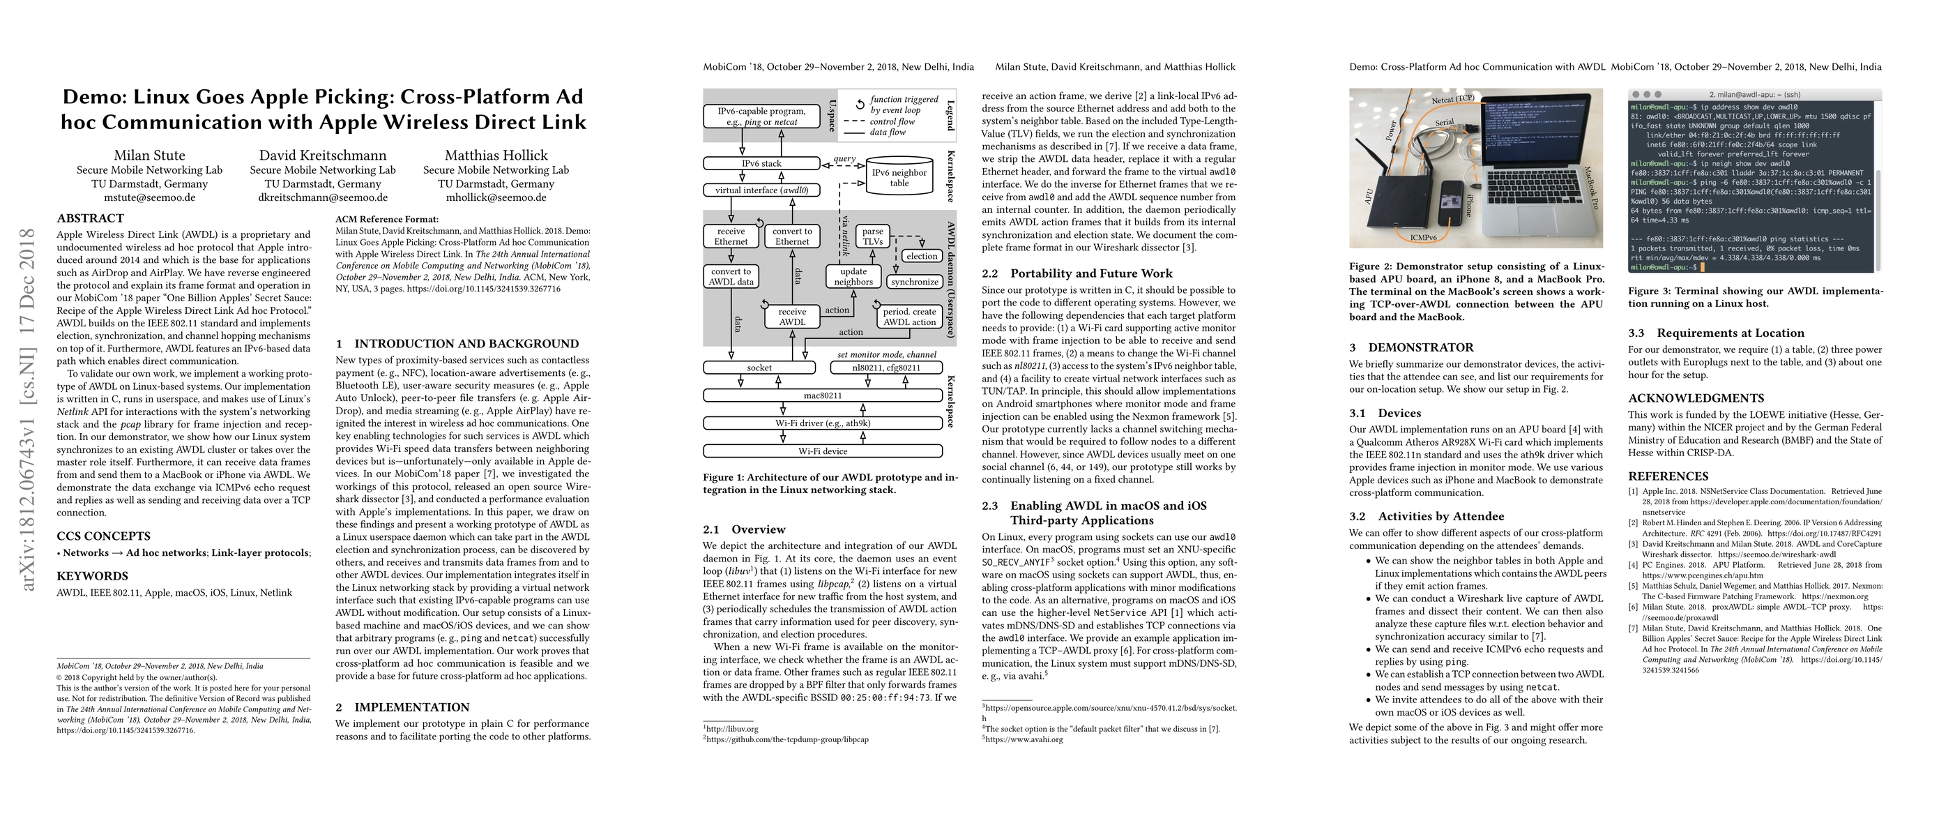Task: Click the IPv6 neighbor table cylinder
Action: tap(899, 178)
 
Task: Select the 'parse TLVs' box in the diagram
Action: tap(872, 236)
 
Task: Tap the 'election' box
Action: tap(921, 256)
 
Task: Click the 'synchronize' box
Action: tap(915, 282)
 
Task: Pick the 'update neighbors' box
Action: tap(853, 276)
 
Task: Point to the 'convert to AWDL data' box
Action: tap(730, 276)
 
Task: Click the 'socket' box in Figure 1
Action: tap(759, 368)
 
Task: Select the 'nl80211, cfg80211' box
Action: tap(886, 368)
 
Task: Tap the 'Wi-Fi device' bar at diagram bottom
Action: tap(823, 451)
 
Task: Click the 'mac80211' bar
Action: tap(823, 395)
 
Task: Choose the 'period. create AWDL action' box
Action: tap(909, 316)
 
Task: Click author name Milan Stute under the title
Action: tap(149, 155)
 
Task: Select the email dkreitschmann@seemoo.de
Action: tap(323, 198)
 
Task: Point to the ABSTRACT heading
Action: tap(91, 218)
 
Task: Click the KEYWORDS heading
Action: tap(93, 577)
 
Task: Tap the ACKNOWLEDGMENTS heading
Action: tap(1696, 398)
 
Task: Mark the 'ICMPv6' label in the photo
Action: tap(1422, 238)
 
